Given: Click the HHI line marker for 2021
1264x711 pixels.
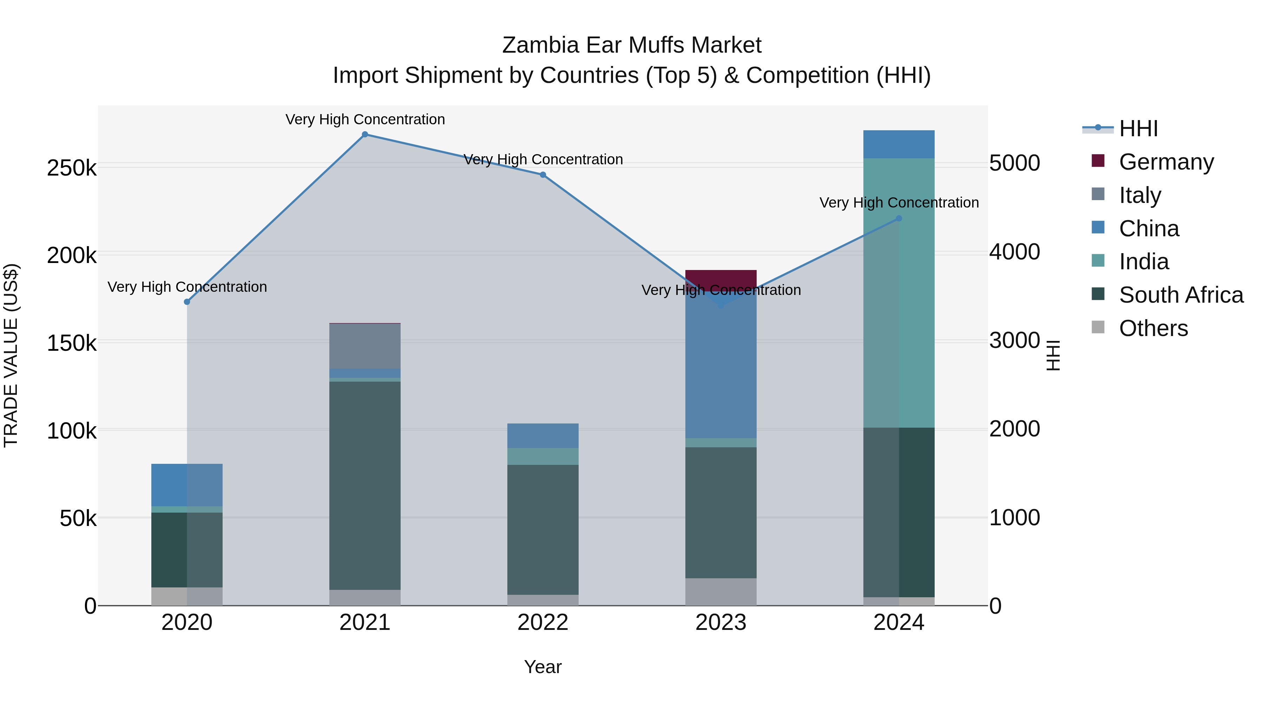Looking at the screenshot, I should pyautogui.click(x=364, y=134).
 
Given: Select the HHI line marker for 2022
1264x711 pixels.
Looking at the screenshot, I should pyautogui.click(x=543, y=175).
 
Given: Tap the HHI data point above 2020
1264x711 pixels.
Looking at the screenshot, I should pyautogui.click(x=187, y=302).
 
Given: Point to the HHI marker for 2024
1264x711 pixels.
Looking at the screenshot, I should pyautogui.click(x=899, y=218).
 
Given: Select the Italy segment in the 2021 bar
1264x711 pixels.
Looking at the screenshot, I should pyautogui.click(x=364, y=346).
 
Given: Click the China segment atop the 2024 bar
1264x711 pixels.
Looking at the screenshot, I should pyautogui.click(x=899, y=144).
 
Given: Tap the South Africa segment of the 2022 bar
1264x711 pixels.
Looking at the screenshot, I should pyautogui.click(x=543, y=529).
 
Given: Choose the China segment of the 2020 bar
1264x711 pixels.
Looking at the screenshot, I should pyautogui.click(x=187, y=485).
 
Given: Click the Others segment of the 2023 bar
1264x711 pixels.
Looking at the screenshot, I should pyautogui.click(x=721, y=592).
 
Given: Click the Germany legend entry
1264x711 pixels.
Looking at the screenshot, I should pyautogui.click(x=1165, y=162).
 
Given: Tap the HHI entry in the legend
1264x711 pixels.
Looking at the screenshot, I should pyautogui.click(x=1138, y=129).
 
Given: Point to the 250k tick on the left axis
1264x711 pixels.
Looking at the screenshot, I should pyautogui.click(x=72, y=168).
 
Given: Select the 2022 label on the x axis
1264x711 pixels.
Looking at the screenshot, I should pyautogui.click(x=543, y=623).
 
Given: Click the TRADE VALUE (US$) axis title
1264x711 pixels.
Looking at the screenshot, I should pyautogui.click(x=11, y=355).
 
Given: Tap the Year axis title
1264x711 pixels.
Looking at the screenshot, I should pyautogui.click(x=543, y=667).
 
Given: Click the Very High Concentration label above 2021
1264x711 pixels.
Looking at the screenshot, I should pyautogui.click(x=365, y=120).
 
